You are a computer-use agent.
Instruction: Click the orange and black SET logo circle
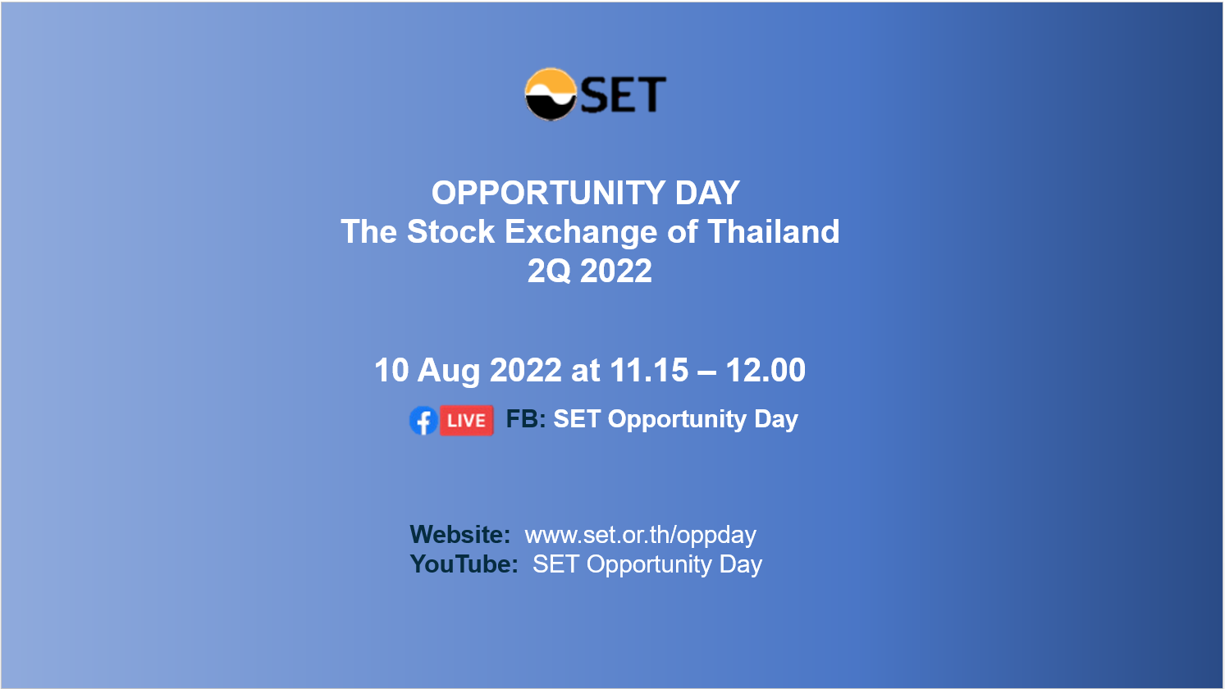point(551,94)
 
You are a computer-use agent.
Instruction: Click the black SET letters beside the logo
point(623,95)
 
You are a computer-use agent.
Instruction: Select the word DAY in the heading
point(707,193)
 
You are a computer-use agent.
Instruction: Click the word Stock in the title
point(450,231)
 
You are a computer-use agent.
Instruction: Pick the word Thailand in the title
point(773,231)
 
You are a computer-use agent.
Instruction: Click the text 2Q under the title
point(549,271)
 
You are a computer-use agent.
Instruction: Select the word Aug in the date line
point(449,372)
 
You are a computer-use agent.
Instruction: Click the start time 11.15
point(648,370)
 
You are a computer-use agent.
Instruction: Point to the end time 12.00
point(766,370)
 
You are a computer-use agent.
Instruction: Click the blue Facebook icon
point(423,421)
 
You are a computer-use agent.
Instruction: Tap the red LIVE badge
point(467,421)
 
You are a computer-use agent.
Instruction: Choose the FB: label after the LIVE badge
point(526,419)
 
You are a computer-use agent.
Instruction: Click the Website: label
point(460,535)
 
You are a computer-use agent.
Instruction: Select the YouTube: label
point(464,564)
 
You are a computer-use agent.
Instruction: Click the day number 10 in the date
point(391,370)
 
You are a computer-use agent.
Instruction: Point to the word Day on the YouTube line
point(740,565)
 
